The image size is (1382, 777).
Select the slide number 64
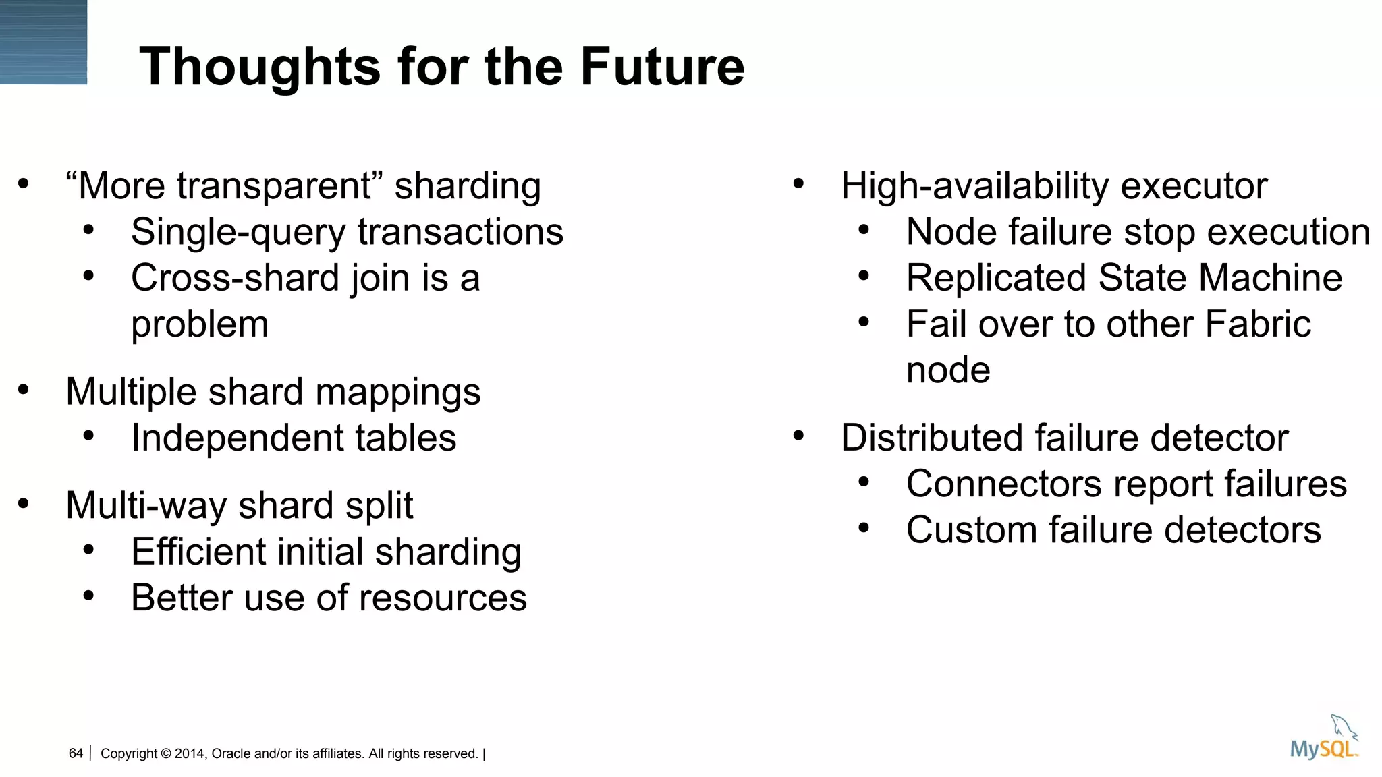[76, 753]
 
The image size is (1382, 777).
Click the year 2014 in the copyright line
[190, 754]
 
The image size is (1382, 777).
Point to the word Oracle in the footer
[230, 754]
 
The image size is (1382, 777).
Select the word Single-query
[238, 233]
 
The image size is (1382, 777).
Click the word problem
[200, 324]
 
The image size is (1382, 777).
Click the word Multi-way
[146, 505]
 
